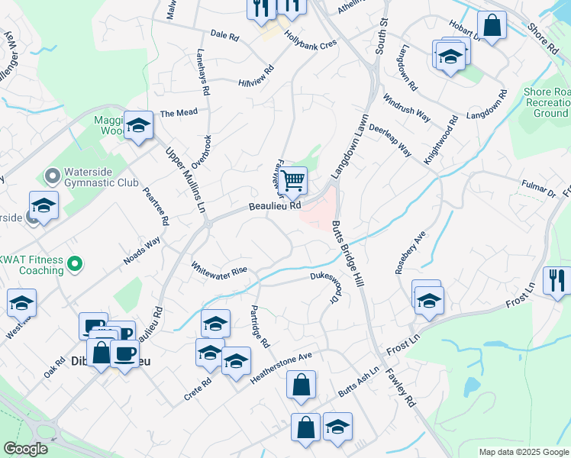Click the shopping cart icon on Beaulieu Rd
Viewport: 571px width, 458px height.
pyautogui.click(x=293, y=181)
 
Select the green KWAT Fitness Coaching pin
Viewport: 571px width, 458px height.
pyautogui.click(x=74, y=266)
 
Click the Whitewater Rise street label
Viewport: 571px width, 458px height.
pyautogui.click(x=219, y=271)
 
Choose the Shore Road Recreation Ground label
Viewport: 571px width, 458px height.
pyautogui.click(x=546, y=102)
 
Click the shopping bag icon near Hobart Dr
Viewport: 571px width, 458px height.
pyautogui.click(x=492, y=25)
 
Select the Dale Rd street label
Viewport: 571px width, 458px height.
pyautogui.click(x=224, y=35)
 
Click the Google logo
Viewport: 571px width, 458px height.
pyautogui.click(x=25, y=449)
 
